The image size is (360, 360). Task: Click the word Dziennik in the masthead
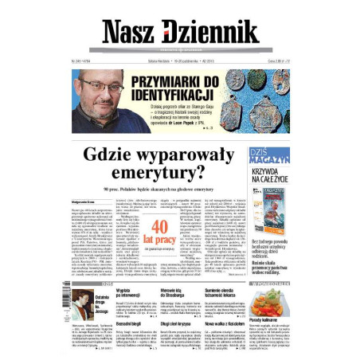coord(211,32)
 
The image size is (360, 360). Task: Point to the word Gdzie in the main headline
coord(129,153)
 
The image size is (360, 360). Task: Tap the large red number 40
coord(166,226)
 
